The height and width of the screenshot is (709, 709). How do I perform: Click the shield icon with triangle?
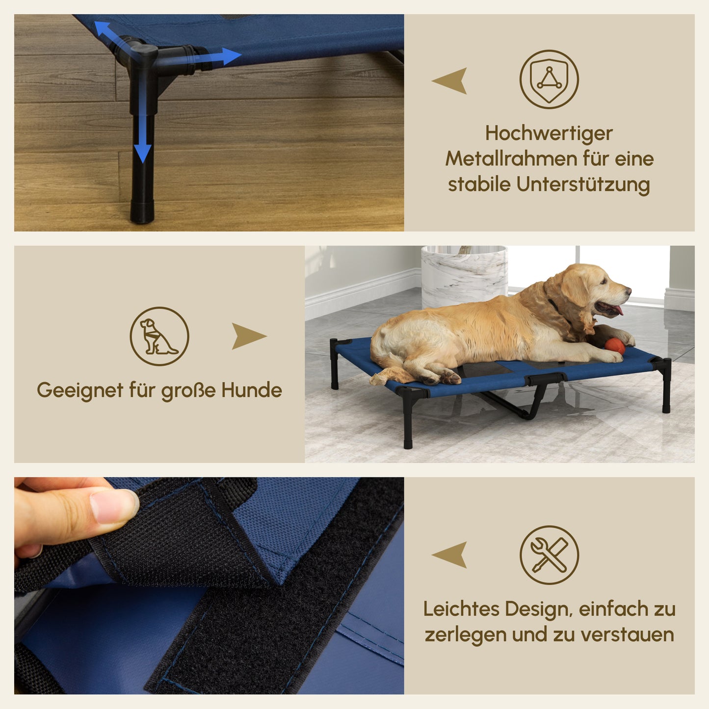pos(549,79)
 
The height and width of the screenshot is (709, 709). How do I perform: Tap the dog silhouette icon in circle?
pos(159,337)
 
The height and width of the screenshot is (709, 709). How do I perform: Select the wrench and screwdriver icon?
pos(549,555)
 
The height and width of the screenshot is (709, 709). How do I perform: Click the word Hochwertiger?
pos(549,133)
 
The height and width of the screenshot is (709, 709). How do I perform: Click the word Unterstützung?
pos(583,184)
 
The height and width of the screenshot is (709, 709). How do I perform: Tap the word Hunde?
pos(252,390)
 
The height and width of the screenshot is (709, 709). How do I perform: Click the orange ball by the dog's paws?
pos(614,345)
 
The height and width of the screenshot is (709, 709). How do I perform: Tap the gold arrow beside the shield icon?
pos(450,80)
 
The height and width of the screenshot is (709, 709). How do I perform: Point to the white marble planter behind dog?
pos(464,275)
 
